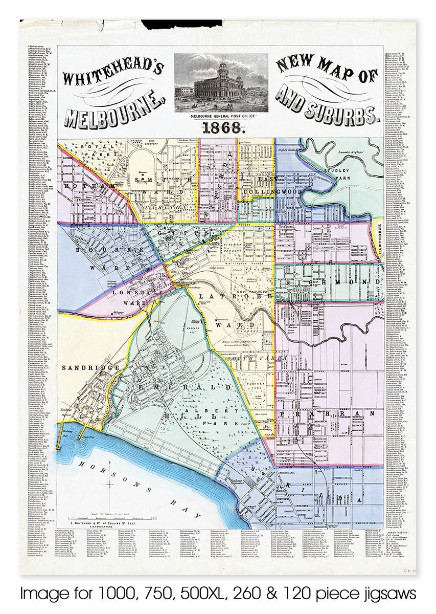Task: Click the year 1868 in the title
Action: click(220, 129)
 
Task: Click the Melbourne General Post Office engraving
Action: click(220, 83)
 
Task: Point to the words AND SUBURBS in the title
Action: click(327, 108)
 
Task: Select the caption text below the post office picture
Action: click(220, 117)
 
